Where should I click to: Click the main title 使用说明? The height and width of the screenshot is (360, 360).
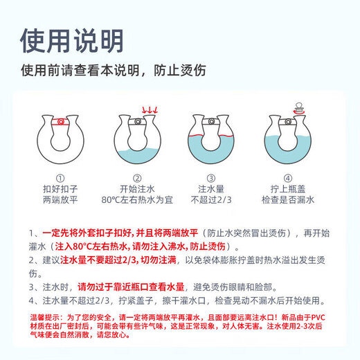[x=72, y=39]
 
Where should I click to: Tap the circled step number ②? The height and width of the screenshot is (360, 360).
[x=136, y=177]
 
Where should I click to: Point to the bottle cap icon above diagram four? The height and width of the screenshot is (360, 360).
[x=300, y=108]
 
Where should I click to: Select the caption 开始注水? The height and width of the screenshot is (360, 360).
[x=136, y=188]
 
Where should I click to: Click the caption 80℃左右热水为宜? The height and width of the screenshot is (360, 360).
[x=136, y=201]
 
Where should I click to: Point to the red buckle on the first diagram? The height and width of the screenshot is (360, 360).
[x=62, y=122]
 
